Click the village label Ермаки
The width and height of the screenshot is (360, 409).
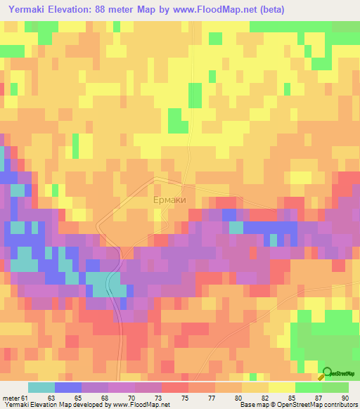169,200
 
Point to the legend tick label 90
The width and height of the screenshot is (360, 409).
345,398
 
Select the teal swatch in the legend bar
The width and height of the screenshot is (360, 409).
41,387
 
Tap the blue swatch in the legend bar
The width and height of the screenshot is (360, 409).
68,387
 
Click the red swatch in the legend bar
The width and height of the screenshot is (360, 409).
175,387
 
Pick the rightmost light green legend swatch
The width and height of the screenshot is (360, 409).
336,387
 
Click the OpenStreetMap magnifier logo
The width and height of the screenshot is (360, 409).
327,373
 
